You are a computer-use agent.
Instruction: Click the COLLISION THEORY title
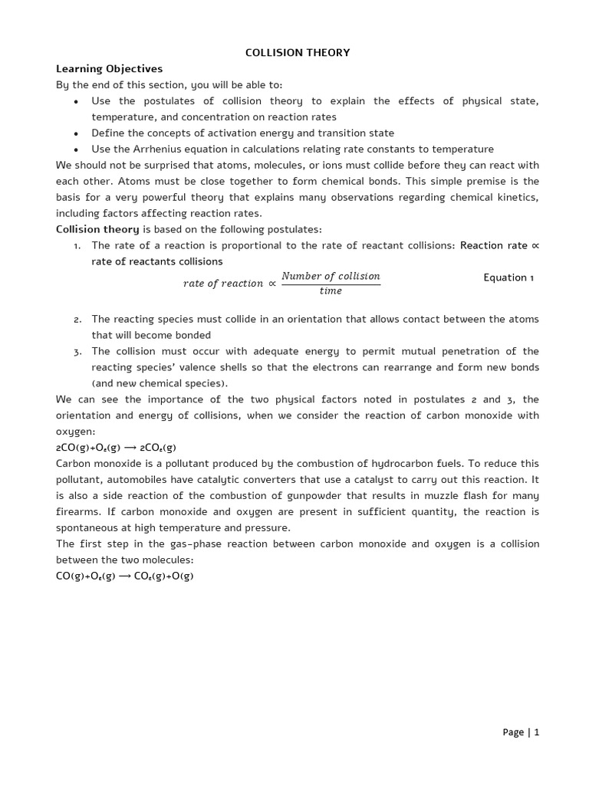click(x=298, y=53)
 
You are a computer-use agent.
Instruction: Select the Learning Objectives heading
click(x=109, y=69)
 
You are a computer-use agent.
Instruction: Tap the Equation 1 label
click(x=508, y=278)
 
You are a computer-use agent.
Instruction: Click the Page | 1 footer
click(x=521, y=732)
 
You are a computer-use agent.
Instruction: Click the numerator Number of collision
click(x=331, y=276)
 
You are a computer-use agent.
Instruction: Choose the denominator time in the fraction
click(x=331, y=291)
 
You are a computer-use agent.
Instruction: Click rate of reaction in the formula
click(x=223, y=284)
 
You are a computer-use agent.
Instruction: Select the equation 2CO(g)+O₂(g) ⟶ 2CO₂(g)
click(x=117, y=448)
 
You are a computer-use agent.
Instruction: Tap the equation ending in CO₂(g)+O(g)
click(x=125, y=576)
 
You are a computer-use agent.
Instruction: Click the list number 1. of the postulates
click(x=77, y=245)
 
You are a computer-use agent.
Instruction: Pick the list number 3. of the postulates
click(x=77, y=352)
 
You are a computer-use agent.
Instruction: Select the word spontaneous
click(x=89, y=528)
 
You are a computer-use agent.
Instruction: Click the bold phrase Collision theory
click(x=97, y=229)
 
